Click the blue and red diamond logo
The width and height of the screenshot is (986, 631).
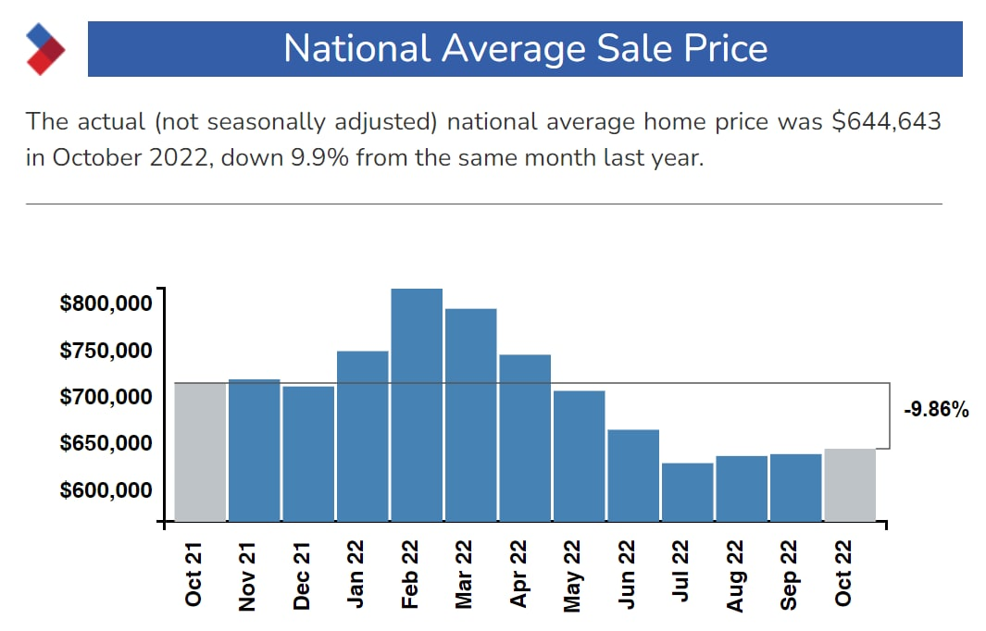click(45, 48)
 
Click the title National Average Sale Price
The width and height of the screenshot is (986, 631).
click(525, 49)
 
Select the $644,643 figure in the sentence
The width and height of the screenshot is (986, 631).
click(886, 121)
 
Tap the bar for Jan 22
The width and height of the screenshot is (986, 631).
click(362, 436)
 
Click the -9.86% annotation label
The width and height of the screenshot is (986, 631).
click(936, 410)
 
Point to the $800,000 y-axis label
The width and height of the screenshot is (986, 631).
click(106, 303)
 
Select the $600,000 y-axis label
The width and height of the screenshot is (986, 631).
click(106, 490)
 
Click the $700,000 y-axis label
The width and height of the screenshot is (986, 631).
click(106, 397)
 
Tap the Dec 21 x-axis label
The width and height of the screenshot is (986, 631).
click(301, 576)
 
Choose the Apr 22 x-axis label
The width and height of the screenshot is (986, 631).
click(518, 576)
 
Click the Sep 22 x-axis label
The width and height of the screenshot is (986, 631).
click(789, 576)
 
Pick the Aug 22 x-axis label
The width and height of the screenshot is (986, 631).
click(735, 576)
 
